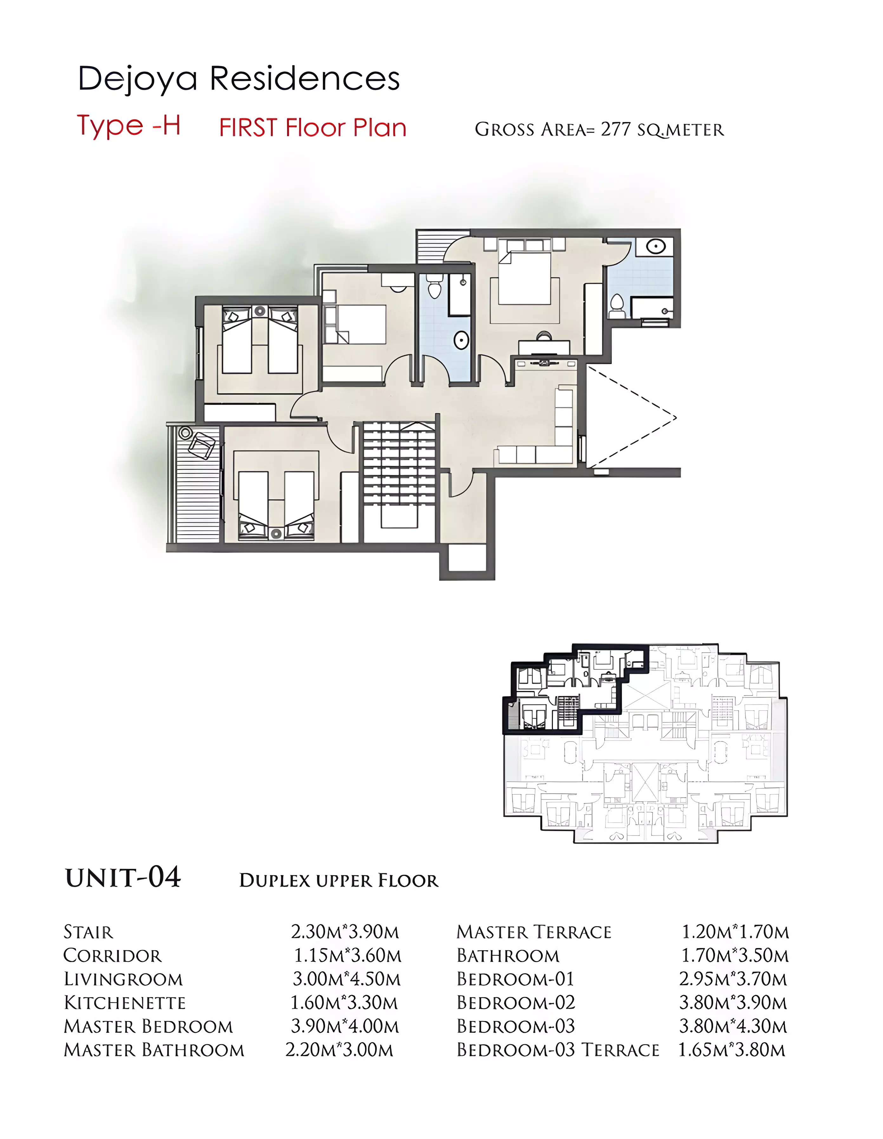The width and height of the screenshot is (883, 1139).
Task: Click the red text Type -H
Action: point(129,125)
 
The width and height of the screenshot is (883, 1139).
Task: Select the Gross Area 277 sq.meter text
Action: point(599,129)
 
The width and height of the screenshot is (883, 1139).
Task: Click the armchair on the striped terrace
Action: point(202,444)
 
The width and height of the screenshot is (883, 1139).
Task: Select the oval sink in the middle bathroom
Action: point(461,341)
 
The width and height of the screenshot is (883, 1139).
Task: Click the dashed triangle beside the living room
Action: point(631,416)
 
